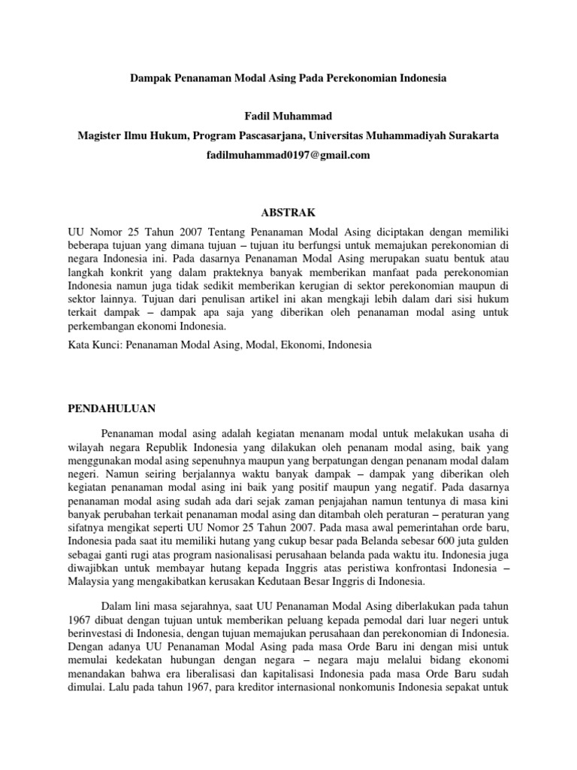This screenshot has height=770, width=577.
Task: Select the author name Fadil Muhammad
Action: pos(288,114)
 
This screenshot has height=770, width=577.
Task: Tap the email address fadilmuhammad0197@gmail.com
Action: pos(288,155)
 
